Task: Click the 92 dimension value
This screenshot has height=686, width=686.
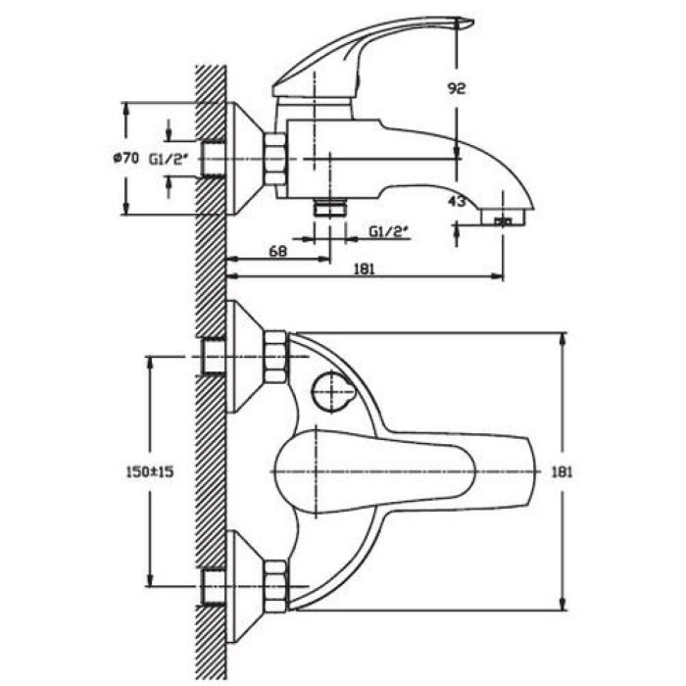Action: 457,88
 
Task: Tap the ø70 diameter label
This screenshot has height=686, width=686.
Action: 125,158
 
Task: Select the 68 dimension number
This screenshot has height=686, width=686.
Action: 278,251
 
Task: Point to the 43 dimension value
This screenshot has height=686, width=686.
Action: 457,202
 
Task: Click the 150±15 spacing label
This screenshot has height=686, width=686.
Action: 150,471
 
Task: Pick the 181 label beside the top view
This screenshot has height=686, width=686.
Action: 562,472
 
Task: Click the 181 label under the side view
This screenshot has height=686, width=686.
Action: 364,269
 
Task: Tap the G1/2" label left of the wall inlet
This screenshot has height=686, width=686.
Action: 169,159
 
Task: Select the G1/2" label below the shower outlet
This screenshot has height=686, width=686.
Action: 389,231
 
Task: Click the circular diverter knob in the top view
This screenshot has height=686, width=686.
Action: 333,392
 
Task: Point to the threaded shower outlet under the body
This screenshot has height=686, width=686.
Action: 330,207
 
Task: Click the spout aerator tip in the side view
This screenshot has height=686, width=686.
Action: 503,217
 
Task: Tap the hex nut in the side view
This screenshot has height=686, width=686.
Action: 275,159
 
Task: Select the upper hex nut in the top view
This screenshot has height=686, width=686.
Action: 275,357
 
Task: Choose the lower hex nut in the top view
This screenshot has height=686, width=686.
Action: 275,586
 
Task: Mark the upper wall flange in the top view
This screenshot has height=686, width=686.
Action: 245,357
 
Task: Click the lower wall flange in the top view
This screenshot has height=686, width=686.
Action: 245,586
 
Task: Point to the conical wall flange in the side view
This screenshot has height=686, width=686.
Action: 245,159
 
